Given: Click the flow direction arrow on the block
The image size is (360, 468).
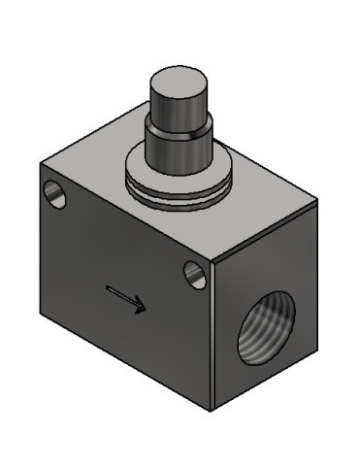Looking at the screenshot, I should pos(126,299).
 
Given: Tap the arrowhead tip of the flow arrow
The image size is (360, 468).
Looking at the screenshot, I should pos(146,310).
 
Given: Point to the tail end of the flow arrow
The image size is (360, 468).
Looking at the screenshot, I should pos(107,288).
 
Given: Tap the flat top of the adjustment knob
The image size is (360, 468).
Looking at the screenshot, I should pos(178,80).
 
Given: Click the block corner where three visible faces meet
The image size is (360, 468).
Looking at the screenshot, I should pos(212,259).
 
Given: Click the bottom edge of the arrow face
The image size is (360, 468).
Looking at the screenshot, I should pos(126,365).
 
